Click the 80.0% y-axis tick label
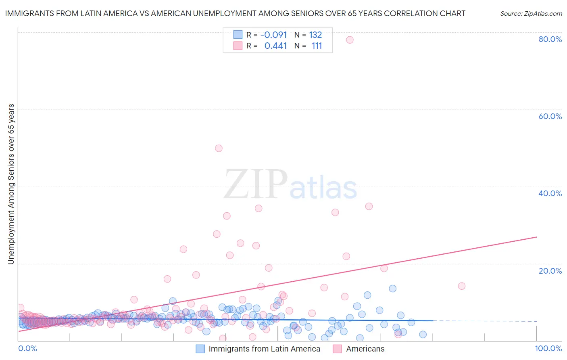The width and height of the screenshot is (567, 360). click(x=550, y=39)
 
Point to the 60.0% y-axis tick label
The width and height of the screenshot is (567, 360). click(x=550, y=116)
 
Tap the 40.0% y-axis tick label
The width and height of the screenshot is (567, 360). click(x=550, y=193)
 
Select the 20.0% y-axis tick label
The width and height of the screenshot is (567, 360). click(x=550, y=271)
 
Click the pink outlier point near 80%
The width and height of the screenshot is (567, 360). click(x=350, y=40)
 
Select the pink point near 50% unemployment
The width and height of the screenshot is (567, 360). click(x=219, y=148)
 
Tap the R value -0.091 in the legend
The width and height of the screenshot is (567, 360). click(x=273, y=35)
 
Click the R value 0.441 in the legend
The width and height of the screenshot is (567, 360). click(x=275, y=46)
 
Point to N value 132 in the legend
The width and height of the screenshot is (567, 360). click(x=315, y=35)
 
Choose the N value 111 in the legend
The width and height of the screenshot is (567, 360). click(x=317, y=46)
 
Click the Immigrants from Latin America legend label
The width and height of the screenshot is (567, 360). click(x=264, y=349)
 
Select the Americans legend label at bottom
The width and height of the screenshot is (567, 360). click(x=365, y=349)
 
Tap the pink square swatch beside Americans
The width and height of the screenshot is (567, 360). click(x=337, y=349)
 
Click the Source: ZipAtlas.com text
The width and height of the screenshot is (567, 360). click(x=531, y=13)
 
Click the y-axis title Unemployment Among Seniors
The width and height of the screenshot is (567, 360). click(x=11, y=184)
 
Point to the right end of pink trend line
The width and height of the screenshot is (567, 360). click(x=536, y=237)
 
